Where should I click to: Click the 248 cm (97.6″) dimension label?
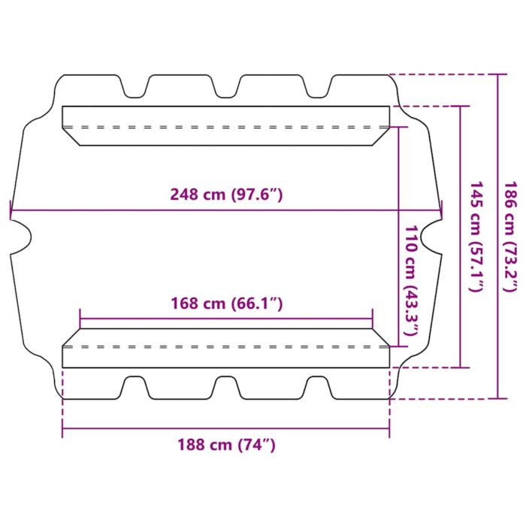click(x=226, y=195)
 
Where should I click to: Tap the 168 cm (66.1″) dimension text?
click(x=227, y=304)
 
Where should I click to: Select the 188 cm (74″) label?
click(x=226, y=445)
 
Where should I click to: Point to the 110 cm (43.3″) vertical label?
click(x=411, y=280)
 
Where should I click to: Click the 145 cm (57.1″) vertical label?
click(x=476, y=237)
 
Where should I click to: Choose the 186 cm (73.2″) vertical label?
click(x=511, y=237)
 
